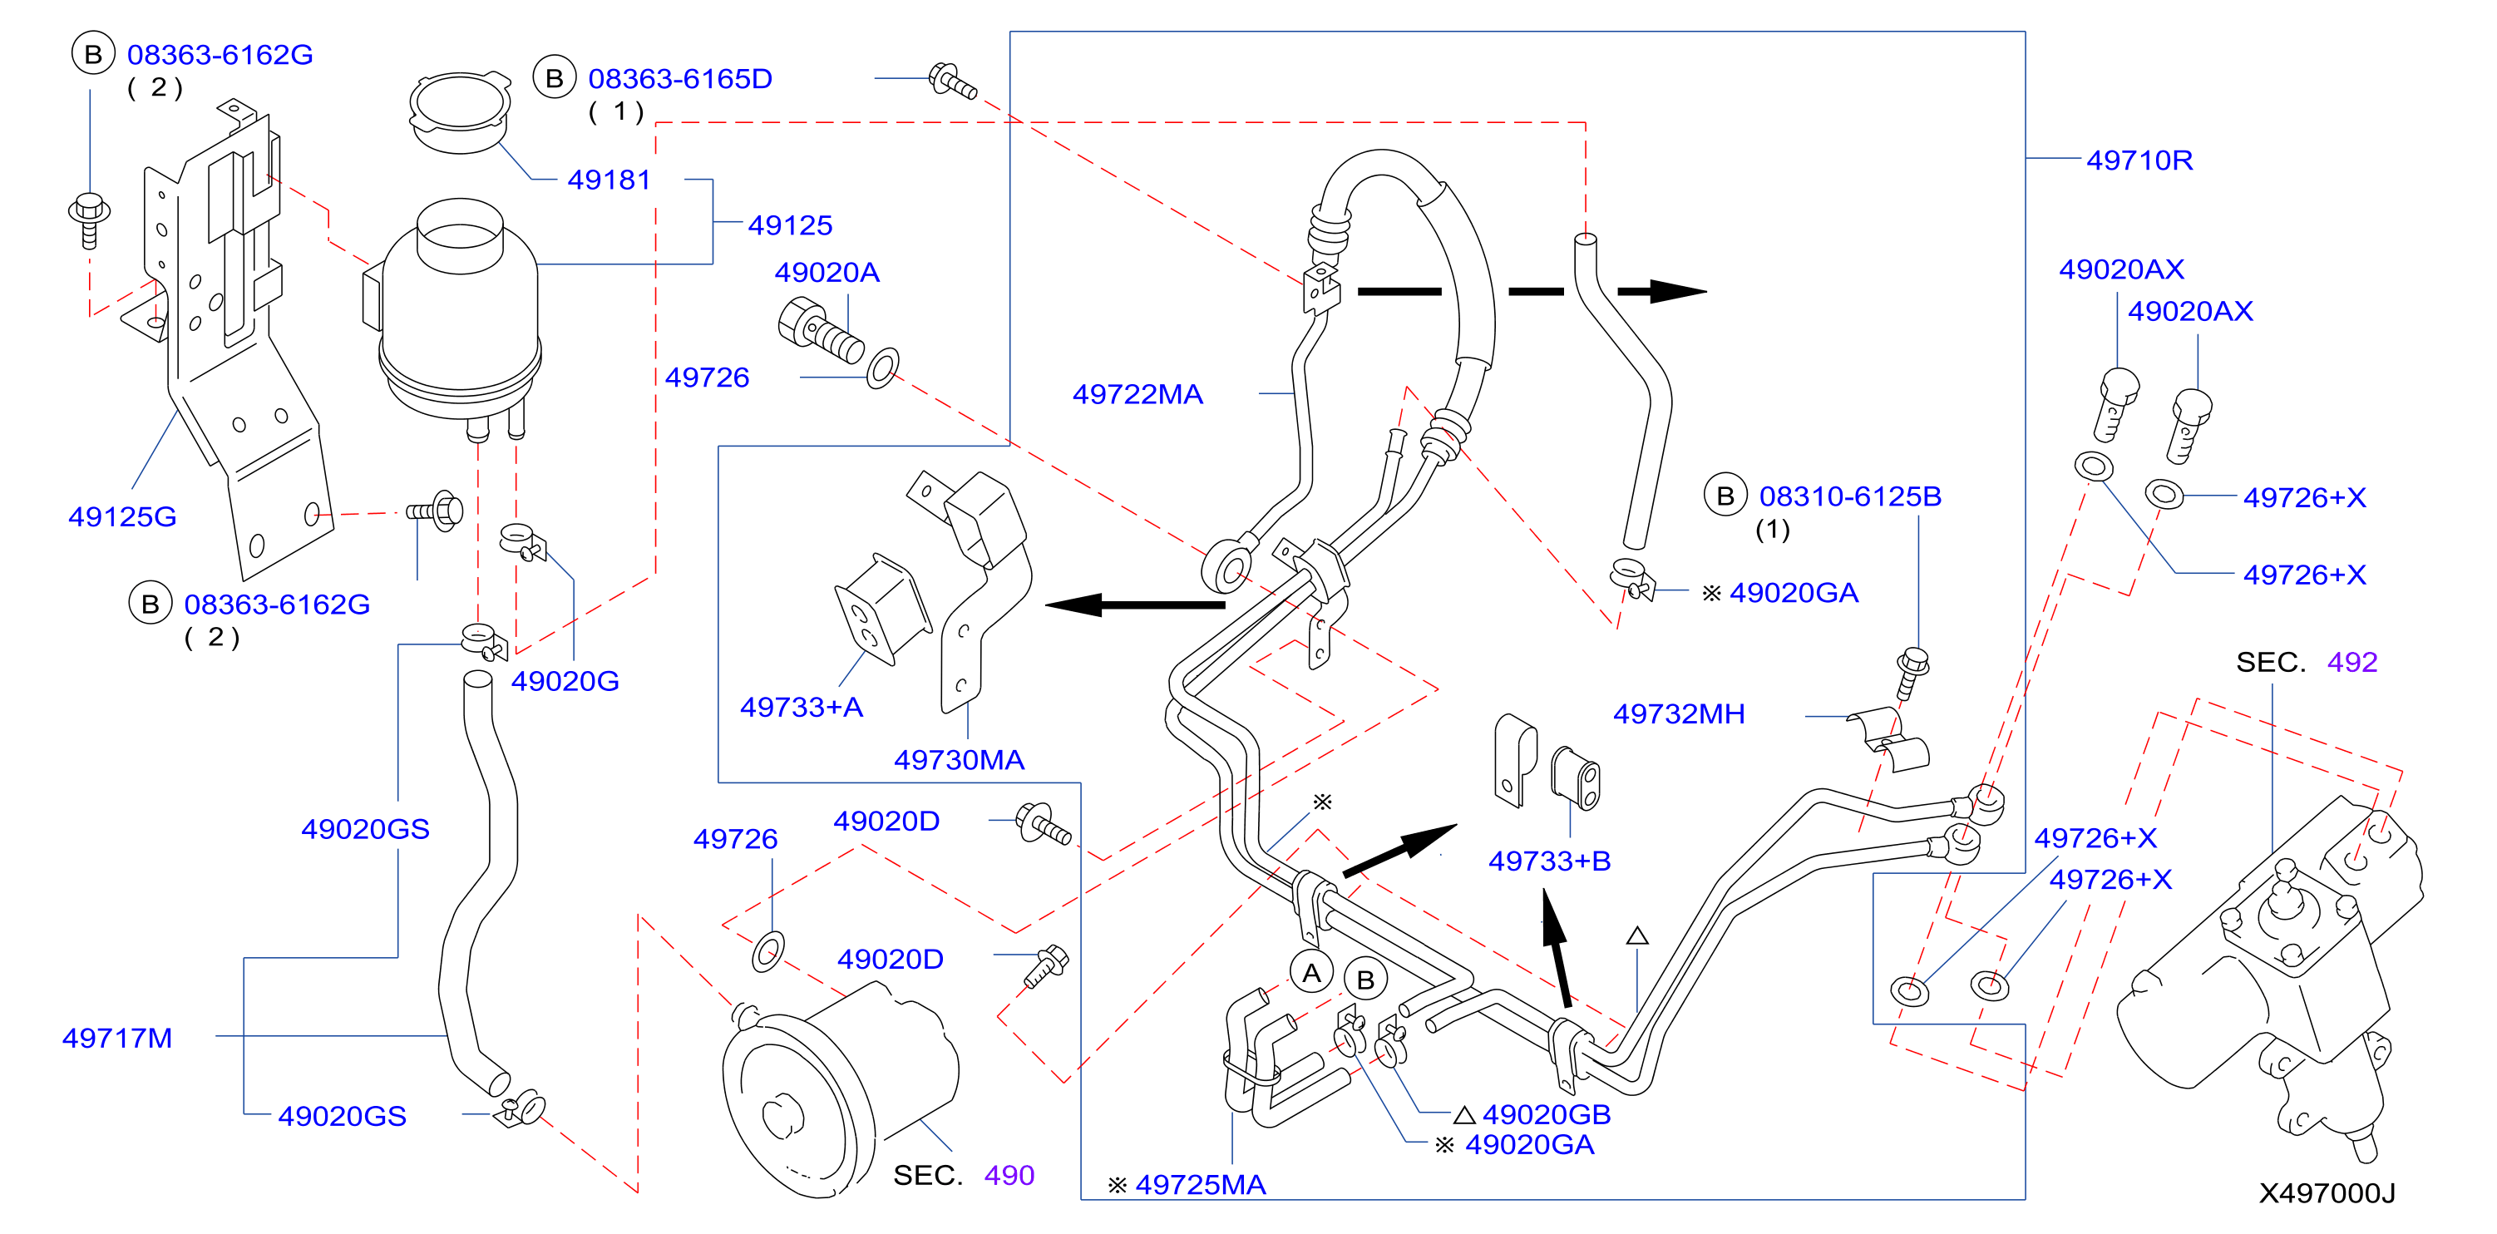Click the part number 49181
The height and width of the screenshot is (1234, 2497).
pyautogui.click(x=609, y=180)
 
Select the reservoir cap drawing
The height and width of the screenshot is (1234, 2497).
pyautogui.click(x=461, y=111)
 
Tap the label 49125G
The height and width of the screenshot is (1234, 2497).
pyautogui.click(x=122, y=516)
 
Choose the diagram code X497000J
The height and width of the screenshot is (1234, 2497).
pyautogui.click(x=2327, y=1193)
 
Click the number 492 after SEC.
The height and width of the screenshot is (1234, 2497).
pyautogui.click(x=2351, y=662)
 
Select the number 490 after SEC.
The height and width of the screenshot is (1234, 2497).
pyautogui.click(x=1009, y=1175)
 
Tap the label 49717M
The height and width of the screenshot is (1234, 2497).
pyautogui.click(x=117, y=1039)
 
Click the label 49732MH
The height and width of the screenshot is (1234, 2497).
pyautogui.click(x=1679, y=714)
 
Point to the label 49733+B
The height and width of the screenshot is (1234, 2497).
pyautogui.click(x=1550, y=861)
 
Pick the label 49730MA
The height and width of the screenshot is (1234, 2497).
pyautogui.click(x=959, y=760)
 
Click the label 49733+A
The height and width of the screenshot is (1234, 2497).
pyautogui.click(x=802, y=708)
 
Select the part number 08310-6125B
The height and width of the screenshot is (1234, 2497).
pyautogui.click(x=1850, y=496)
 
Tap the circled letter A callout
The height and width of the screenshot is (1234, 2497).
pyautogui.click(x=1311, y=973)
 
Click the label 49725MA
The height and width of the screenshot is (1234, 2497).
pyautogui.click(x=1200, y=1185)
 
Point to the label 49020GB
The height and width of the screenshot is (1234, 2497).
pyautogui.click(x=1546, y=1115)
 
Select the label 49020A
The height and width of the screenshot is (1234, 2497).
pyautogui.click(x=827, y=273)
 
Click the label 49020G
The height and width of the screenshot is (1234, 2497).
pyautogui.click(x=565, y=682)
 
